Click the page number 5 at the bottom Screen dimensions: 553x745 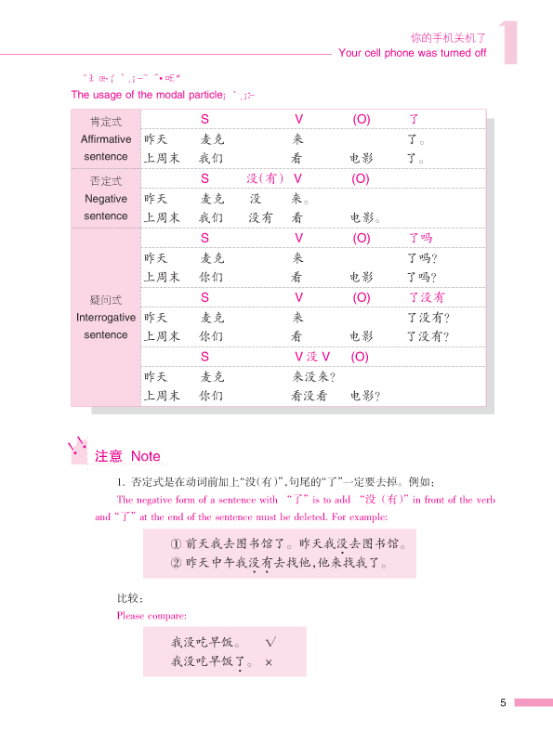[x=503, y=703]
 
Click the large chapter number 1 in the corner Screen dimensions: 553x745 [x=508, y=42]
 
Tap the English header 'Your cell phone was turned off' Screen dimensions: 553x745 [x=413, y=53]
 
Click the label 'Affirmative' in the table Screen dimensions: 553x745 [x=106, y=139]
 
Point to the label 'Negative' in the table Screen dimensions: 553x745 [x=106, y=199]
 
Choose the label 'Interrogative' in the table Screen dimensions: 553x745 [x=106, y=317]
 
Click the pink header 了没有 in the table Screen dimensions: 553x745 [x=427, y=297]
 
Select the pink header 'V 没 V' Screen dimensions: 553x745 [x=313, y=357]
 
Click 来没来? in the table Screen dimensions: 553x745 [x=313, y=377]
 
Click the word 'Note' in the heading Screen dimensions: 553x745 [x=145, y=456]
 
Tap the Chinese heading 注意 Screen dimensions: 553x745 [x=109, y=456]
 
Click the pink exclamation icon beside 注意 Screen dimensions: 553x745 [x=78, y=451]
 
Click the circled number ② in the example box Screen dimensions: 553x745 [x=176, y=563]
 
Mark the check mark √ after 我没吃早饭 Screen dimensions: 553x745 [x=271, y=642]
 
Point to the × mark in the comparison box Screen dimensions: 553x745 [x=269, y=662]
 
